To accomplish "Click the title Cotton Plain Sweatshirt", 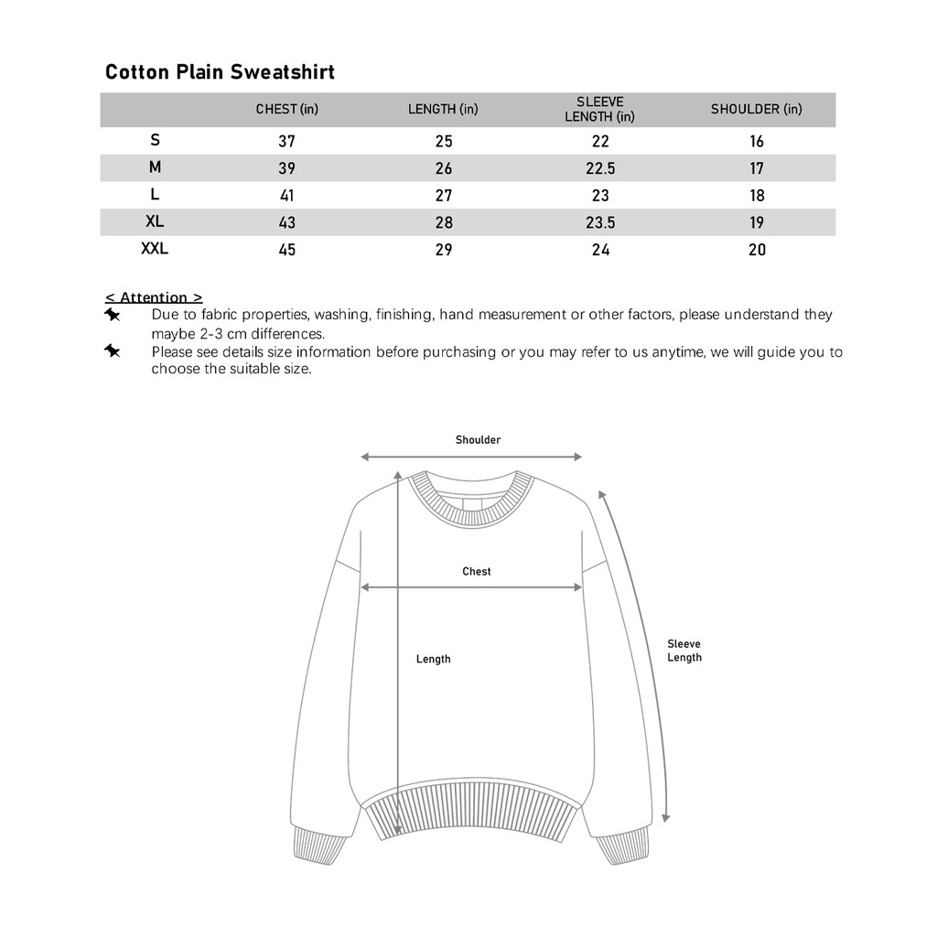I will pos(220,72).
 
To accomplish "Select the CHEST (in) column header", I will pos(286,109).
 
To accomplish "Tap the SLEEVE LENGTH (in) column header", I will pos(599,109).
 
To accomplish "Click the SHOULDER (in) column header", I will pos(756,109).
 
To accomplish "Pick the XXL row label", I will pos(155,248).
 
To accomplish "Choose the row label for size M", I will pos(155,167).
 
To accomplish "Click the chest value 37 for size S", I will pos(286,141).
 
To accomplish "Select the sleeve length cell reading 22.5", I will pos(599,168).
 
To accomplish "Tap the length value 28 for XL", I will pos(444,222).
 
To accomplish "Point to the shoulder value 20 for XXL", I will pos(757,250).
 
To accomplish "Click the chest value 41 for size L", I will pos(286,195).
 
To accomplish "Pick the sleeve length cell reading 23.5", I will pos(599,222).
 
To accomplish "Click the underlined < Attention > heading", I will pos(154,297).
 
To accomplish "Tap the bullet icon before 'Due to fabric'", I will pos(112,315).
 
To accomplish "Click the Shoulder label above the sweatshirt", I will pos(478,440).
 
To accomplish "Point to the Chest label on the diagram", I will pos(476,571).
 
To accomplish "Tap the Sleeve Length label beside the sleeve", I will pos(684,651).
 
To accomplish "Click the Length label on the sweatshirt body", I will pos(433,659).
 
